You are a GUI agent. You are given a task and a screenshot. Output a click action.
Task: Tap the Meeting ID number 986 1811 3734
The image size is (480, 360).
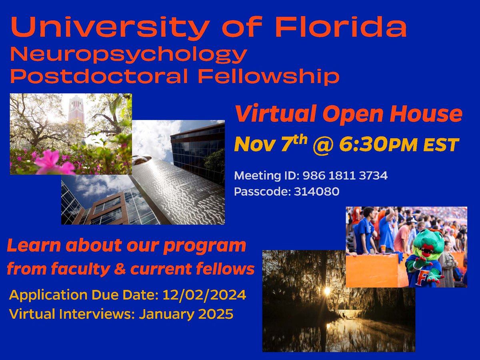(344, 175)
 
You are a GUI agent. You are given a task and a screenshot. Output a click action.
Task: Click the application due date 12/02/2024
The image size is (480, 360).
(204, 296)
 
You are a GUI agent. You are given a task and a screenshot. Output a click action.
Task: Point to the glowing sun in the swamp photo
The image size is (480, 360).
(327, 291)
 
